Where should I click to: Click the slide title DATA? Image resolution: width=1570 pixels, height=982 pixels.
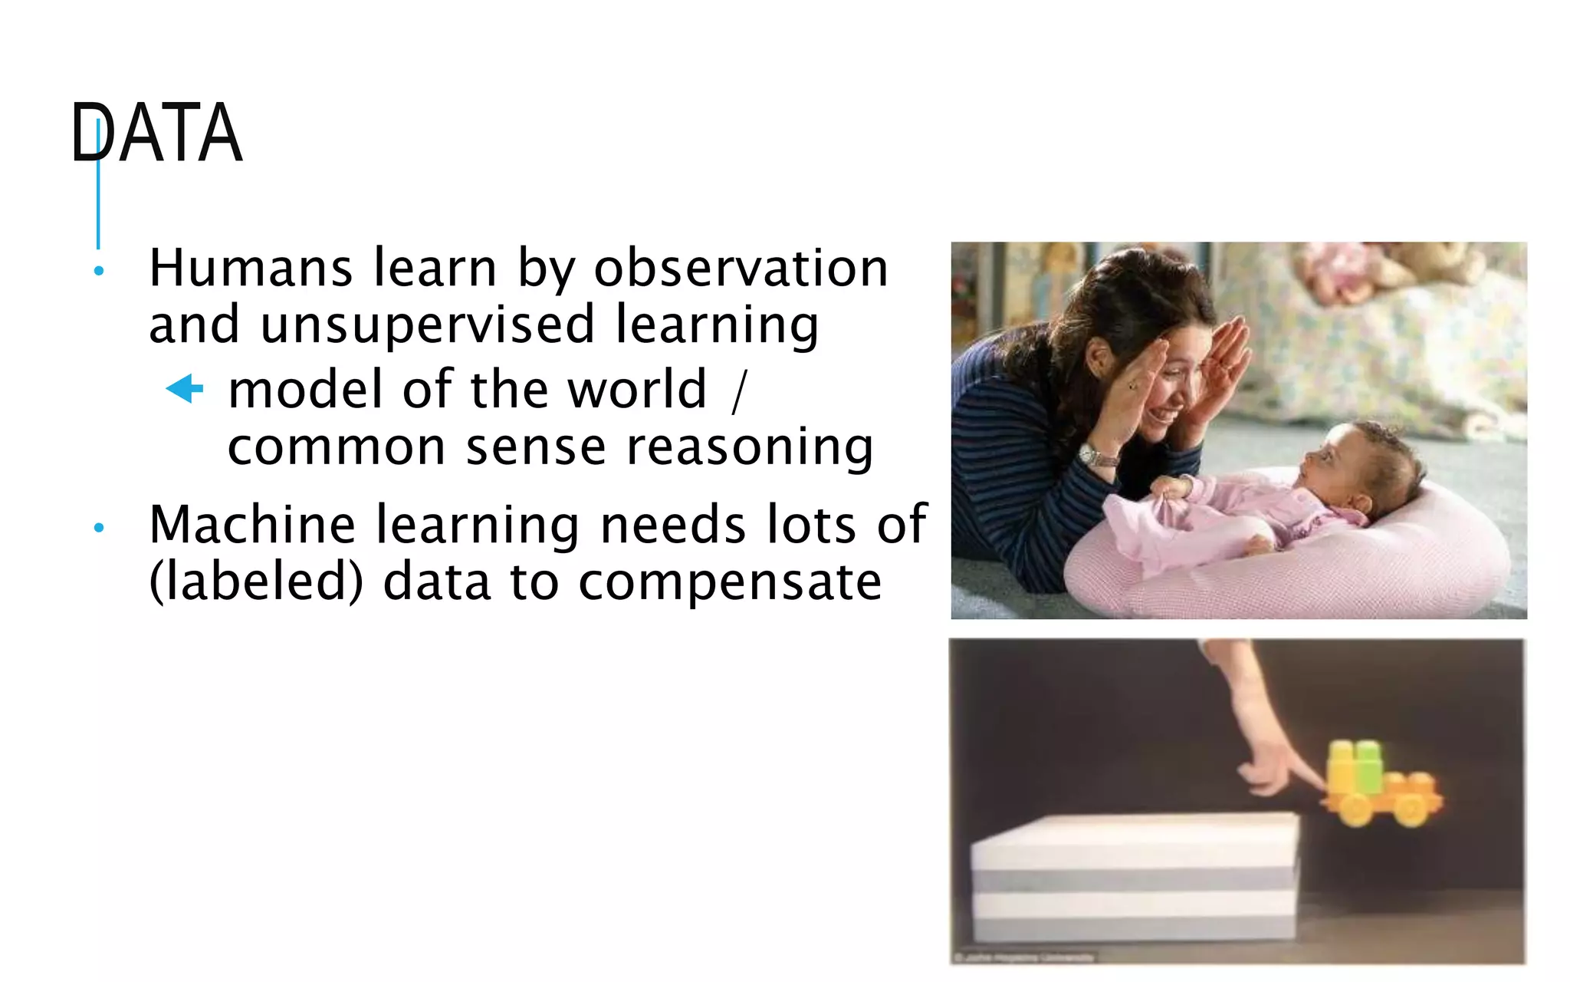click(156, 133)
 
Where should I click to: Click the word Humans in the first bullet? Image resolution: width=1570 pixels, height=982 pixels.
click(251, 269)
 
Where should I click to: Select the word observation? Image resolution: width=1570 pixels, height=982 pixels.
click(741, 269)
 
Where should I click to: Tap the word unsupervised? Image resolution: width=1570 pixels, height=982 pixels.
click(427, 325)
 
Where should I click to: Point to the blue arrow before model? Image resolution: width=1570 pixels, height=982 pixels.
click(185, 388)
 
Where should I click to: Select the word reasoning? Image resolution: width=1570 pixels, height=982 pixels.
click(750, 447)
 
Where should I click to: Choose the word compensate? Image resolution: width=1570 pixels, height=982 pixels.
click(729, 583)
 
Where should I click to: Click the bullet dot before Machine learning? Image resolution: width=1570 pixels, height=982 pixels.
click(98, 528)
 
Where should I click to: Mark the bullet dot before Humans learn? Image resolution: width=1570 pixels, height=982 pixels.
click(98, 271)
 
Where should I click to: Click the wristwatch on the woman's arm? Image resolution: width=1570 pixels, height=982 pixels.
click(1098, 457)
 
